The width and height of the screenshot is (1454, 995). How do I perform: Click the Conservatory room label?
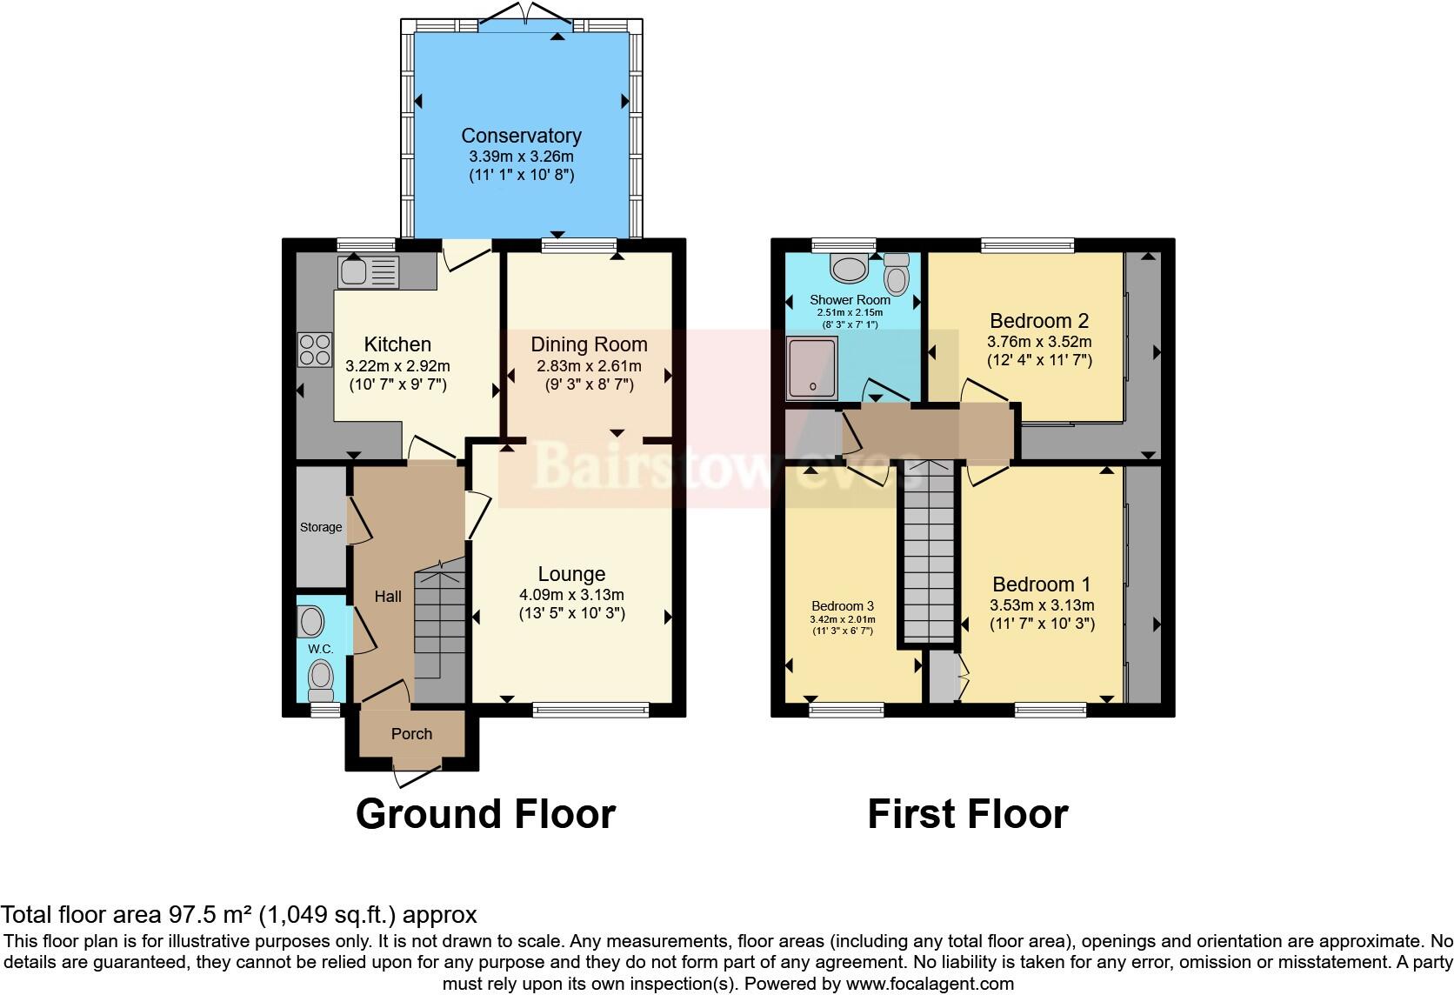point(521,136)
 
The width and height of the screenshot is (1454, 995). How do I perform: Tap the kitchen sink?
point(369,271)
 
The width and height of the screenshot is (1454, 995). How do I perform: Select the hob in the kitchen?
point(315,350)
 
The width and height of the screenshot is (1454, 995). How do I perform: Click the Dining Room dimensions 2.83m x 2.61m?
point(589,366)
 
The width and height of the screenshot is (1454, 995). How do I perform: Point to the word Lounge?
point(571,574)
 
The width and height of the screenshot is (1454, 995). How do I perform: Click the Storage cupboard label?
point(321,527)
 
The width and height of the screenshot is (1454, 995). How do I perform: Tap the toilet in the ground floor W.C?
point(322,678)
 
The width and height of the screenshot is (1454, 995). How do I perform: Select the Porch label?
point(411,734)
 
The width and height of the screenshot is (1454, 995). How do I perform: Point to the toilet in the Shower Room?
point(897,274)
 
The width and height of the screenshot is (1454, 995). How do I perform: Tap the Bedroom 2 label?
point(1038,321)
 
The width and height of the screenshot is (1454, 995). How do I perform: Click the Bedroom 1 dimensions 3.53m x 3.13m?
point(1041,606)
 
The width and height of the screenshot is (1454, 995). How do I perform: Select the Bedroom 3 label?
point(842,606)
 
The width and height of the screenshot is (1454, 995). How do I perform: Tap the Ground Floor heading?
point(485,814)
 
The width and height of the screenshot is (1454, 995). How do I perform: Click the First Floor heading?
point(967,814)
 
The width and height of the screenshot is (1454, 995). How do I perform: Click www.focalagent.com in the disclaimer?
point(929,985)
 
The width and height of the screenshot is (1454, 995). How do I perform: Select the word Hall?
point(388,597)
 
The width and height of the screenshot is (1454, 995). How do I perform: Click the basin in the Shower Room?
point(848,268)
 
